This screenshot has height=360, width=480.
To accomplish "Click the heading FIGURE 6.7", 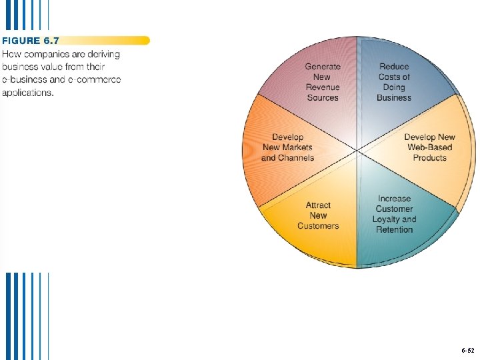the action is tap(31, 41).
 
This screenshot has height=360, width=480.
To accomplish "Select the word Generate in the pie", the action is tap(323, 67).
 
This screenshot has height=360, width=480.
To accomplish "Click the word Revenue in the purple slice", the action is tap(323, 87).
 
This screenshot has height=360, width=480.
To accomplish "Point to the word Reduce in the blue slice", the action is tap(394, 67).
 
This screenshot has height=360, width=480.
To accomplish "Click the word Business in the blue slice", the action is tap(394, 98).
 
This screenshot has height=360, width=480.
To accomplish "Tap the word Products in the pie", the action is tap(429, 158).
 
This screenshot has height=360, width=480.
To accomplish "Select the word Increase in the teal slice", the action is tap(394, 199).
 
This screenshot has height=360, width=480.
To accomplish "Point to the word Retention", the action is tap(394, 230).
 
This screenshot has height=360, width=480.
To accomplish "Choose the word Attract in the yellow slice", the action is tap(318, 205).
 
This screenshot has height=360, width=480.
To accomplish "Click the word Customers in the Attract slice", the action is tap(318, 226).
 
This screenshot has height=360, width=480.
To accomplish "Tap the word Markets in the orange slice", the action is tap(297, 147).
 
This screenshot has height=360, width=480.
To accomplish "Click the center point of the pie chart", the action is tap(358, 151).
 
